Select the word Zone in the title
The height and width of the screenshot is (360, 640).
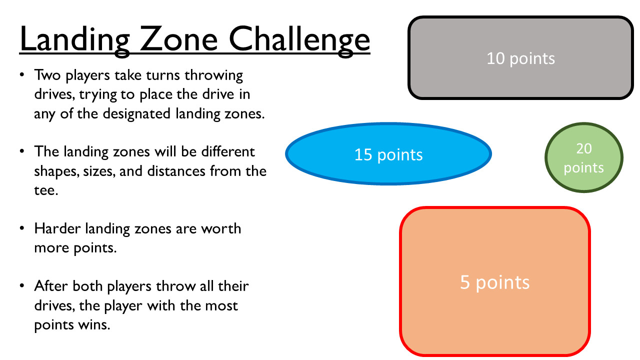(x=179, y=38)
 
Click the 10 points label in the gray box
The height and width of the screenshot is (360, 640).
(x=520, y=58)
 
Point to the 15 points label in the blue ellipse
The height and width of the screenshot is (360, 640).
(x=388, y=155)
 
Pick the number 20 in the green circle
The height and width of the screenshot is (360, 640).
(x=583, y=148)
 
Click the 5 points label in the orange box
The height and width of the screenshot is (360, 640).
(x=494, y=282)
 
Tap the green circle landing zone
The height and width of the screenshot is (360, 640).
(x=583, y=157)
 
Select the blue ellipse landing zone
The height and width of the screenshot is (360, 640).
(x=388, y=154)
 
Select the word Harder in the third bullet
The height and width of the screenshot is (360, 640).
(x=57, y=228)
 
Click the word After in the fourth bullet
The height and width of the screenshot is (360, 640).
(x=50, y=285)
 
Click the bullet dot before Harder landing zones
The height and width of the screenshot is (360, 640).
(x=22, y=228)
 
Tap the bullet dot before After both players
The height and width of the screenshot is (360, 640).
(x=22, y=285)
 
